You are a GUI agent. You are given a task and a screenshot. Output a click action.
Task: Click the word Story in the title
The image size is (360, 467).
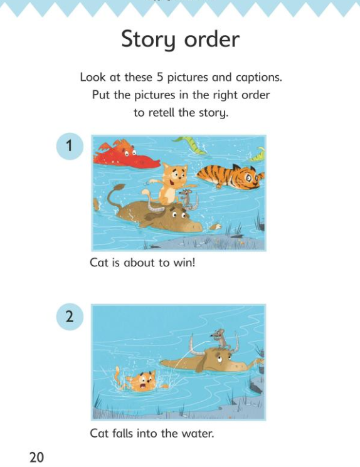[x=148, y=40]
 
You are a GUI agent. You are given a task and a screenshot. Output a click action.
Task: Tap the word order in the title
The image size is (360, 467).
[x=212, y=39]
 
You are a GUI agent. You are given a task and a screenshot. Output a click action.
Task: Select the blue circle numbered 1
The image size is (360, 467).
[x=70, y=146]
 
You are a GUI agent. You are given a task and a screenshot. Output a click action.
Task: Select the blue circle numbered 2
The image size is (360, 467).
[x=70, y=317]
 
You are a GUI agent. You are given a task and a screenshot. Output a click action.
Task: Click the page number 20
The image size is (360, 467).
[x=36, y=457]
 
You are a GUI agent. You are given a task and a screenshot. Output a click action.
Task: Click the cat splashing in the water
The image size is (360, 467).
[x=140, y=380]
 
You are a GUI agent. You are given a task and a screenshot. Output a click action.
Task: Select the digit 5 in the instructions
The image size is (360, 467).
[x=160, y=78]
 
